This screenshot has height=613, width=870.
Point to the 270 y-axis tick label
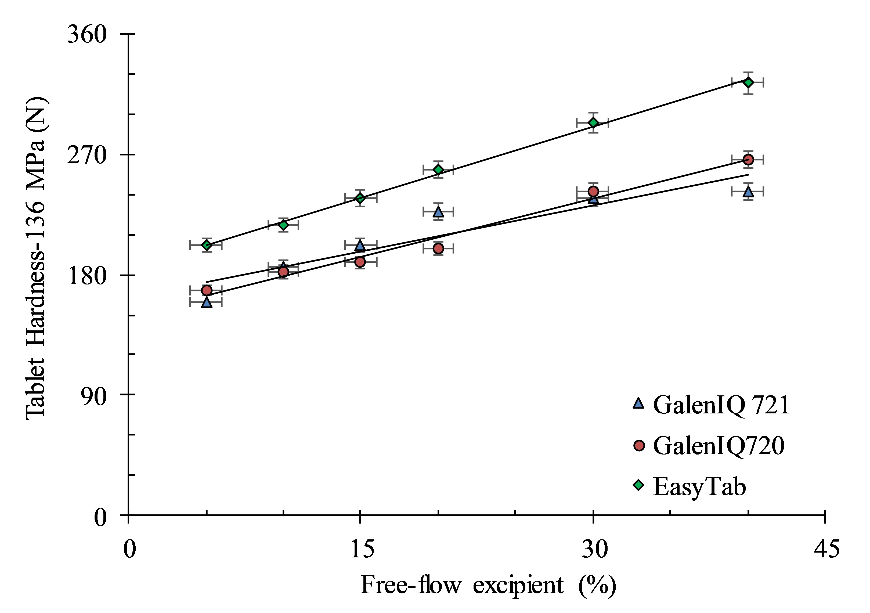coord(87,155)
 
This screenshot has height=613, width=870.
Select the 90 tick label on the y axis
coord(93,396)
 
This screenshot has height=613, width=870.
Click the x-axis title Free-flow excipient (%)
coord(488,585)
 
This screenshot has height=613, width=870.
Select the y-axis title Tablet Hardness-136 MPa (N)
coord(36,258)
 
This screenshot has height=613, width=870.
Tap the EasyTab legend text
coord(699,486)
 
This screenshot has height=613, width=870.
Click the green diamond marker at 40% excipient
coord(748,82)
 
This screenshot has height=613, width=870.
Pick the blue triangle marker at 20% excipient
coord(438,211)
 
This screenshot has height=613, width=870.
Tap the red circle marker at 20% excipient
coord(438,248)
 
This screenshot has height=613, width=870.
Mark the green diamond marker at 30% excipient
coord(593,123)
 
